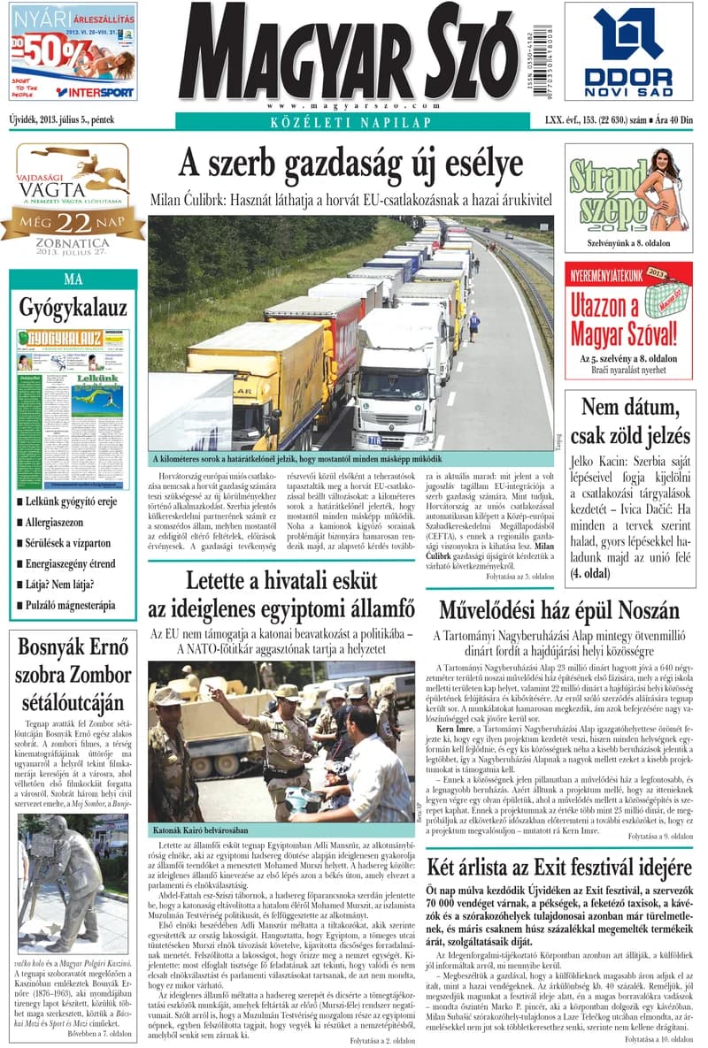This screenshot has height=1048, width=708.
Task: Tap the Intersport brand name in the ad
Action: point(95,92)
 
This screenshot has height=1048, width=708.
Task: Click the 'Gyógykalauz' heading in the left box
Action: point(73,307)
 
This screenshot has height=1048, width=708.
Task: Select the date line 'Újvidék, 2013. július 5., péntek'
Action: point(62,118)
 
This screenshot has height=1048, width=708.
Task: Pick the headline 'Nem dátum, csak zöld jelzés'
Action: point(629,421)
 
